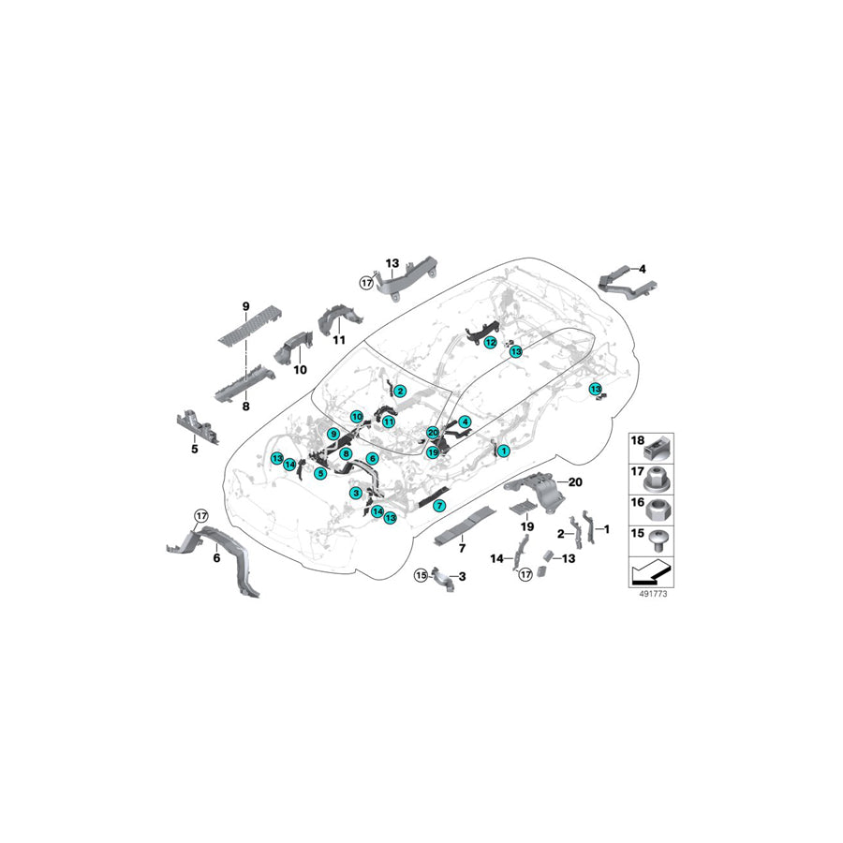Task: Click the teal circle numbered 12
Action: coord(490,343)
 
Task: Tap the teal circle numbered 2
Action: coord(400,391)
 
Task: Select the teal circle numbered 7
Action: coord(439,506)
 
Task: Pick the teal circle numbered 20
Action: coord(433,433)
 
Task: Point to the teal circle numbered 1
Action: coord(503,451)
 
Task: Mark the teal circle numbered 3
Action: coord(355,493)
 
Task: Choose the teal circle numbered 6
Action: coord(372,458)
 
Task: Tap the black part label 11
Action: coord(339,339)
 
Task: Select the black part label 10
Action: coord(300,370)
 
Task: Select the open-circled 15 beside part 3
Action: coord(421,574)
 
